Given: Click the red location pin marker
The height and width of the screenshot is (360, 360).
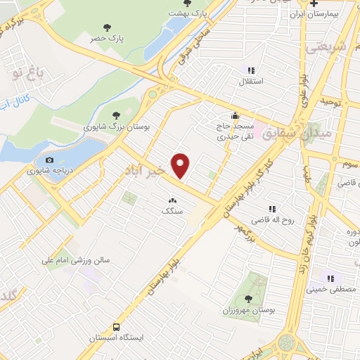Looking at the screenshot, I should (x=181, y=166).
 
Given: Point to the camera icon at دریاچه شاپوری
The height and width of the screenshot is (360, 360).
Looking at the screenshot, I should (x=49, y=160).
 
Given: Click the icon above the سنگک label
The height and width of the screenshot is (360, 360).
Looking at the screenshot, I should (x=172, y=200).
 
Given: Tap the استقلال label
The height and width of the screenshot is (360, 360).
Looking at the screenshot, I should (x=252, y=82).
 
